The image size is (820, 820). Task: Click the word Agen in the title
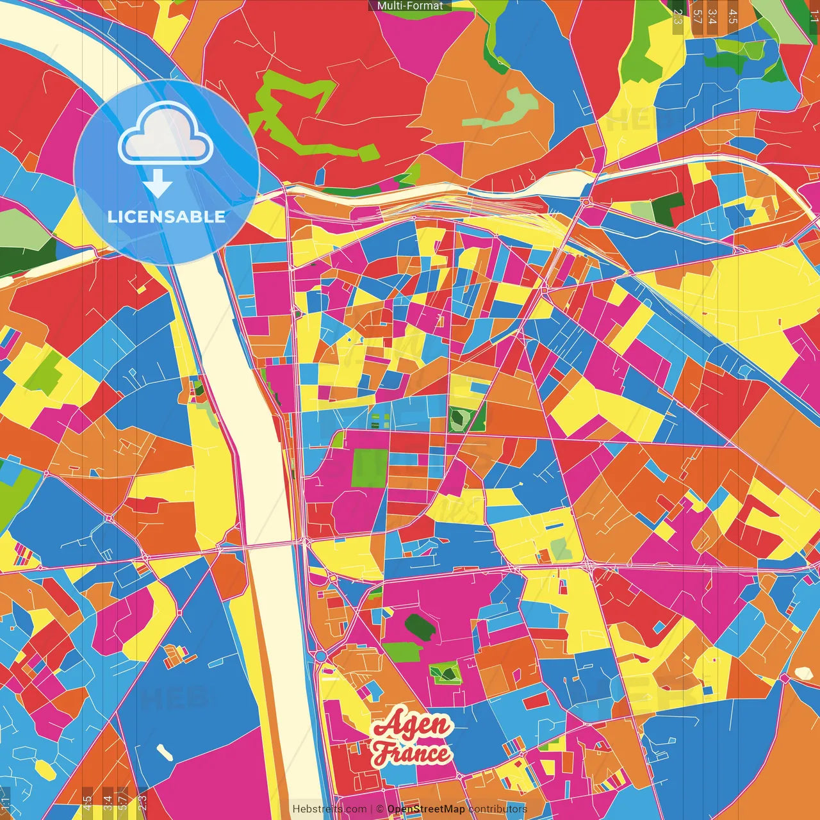coord(412,725)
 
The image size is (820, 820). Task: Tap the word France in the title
coord(411,753)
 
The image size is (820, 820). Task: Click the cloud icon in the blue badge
coord(166,133)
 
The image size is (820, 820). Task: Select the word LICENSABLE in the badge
coord(166,217)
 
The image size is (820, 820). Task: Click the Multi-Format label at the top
coord(410,6)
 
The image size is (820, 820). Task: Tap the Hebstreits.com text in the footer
coord(329,809)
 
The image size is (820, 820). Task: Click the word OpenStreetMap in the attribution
coord(425,809)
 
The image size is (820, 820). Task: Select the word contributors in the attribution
coord(498,809)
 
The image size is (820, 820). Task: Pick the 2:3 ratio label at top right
coord(678,17)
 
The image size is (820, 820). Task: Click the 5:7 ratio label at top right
coord(697,17)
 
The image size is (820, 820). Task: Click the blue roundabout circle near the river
coord(320,657)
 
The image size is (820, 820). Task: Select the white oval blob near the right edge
coord(803,673)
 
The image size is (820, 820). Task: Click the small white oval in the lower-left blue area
coord(165,752)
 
